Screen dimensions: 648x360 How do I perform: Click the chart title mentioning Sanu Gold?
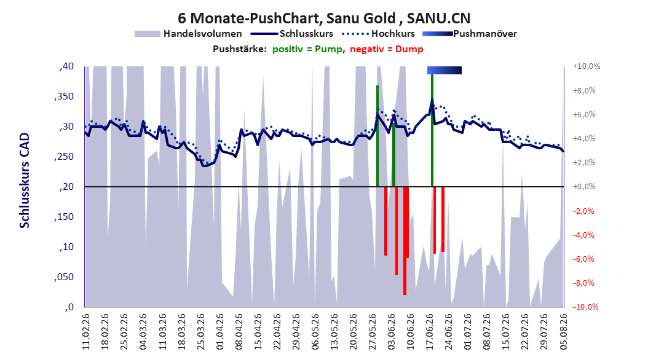[324, 18]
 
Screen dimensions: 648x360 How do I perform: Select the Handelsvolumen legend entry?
[189, 34]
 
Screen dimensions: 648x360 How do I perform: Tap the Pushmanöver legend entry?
[470, 34]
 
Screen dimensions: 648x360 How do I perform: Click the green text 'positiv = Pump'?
[307, 49]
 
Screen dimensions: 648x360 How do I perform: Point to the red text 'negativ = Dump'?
[387, 49]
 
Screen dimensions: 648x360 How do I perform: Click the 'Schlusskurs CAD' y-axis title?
[25, 181]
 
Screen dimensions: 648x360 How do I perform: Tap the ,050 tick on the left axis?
[64, 277]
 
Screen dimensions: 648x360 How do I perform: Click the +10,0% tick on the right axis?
[587, 66]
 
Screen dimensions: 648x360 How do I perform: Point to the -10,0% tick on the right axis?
[585, 307]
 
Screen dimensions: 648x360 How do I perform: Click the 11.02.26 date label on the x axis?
[86, 332]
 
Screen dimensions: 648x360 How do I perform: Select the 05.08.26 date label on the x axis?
[563, 332]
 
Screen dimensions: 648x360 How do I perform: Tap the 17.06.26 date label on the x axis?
[430, 332]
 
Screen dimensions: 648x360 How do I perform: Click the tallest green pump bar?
[432, 130]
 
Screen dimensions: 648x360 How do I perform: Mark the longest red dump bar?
[405, 241]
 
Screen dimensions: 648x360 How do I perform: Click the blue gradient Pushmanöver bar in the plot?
[445, 70]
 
